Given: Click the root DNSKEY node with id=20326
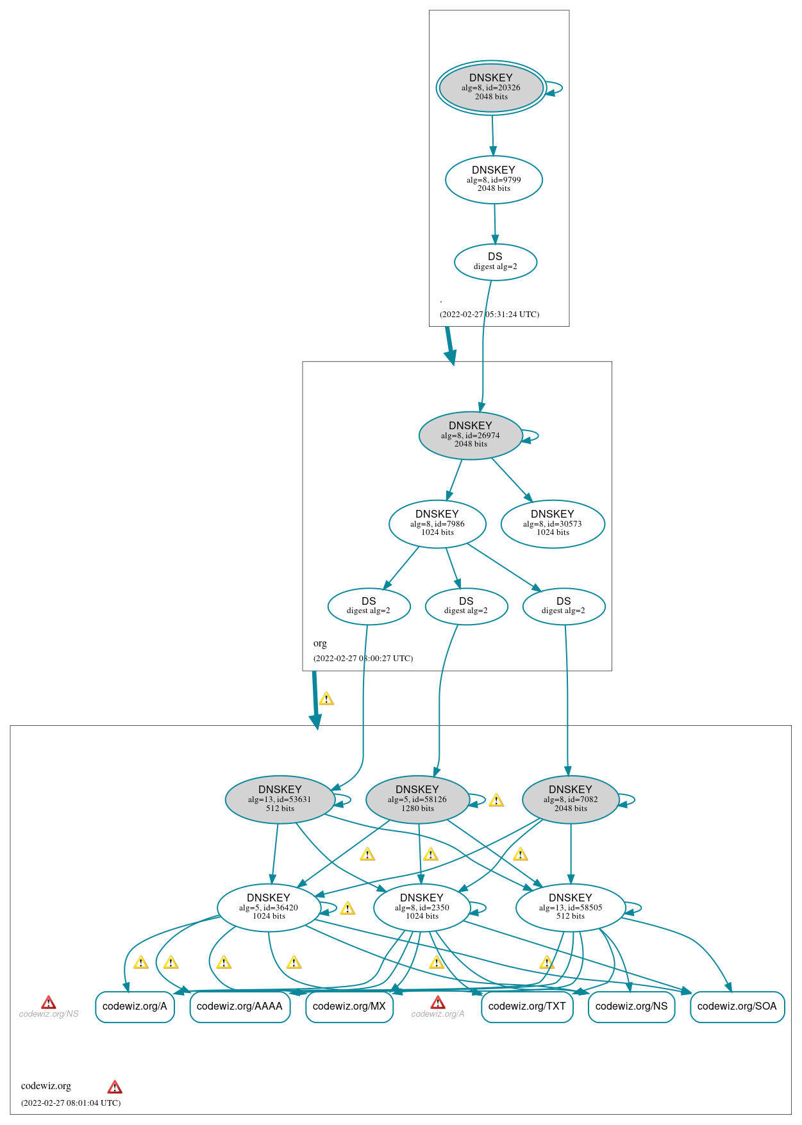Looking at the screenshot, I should (491, 88).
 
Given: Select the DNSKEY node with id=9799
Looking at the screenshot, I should (494, 180).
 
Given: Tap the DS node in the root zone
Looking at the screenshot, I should (495, 261).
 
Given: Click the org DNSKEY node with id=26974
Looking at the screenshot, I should (471, 436).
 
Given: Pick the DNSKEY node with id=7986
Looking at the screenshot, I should (437, 524).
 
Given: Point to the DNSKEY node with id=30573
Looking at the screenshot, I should (553, 524).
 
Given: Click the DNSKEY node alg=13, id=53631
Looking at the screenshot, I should (280, 800).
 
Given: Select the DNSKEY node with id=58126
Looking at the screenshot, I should (417, 800).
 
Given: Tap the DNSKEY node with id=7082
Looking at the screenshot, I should (571, 800).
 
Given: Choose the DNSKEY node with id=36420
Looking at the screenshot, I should (269, 907).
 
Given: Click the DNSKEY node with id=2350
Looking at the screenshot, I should (422, 907).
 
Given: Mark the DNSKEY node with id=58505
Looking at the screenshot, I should (571, 907).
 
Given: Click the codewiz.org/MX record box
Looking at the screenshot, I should (349, 1006).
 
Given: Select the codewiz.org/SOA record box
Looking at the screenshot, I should (737, 1006).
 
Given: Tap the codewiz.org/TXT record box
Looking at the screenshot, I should (527, 1006).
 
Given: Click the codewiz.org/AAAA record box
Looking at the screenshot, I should (240, 1006).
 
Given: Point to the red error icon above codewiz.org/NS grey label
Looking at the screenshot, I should (49, 1003).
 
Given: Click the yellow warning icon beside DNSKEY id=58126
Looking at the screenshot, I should (496, 800).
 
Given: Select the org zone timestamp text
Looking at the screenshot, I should (363, 659).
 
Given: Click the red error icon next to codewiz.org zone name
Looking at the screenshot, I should (115, 1087).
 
